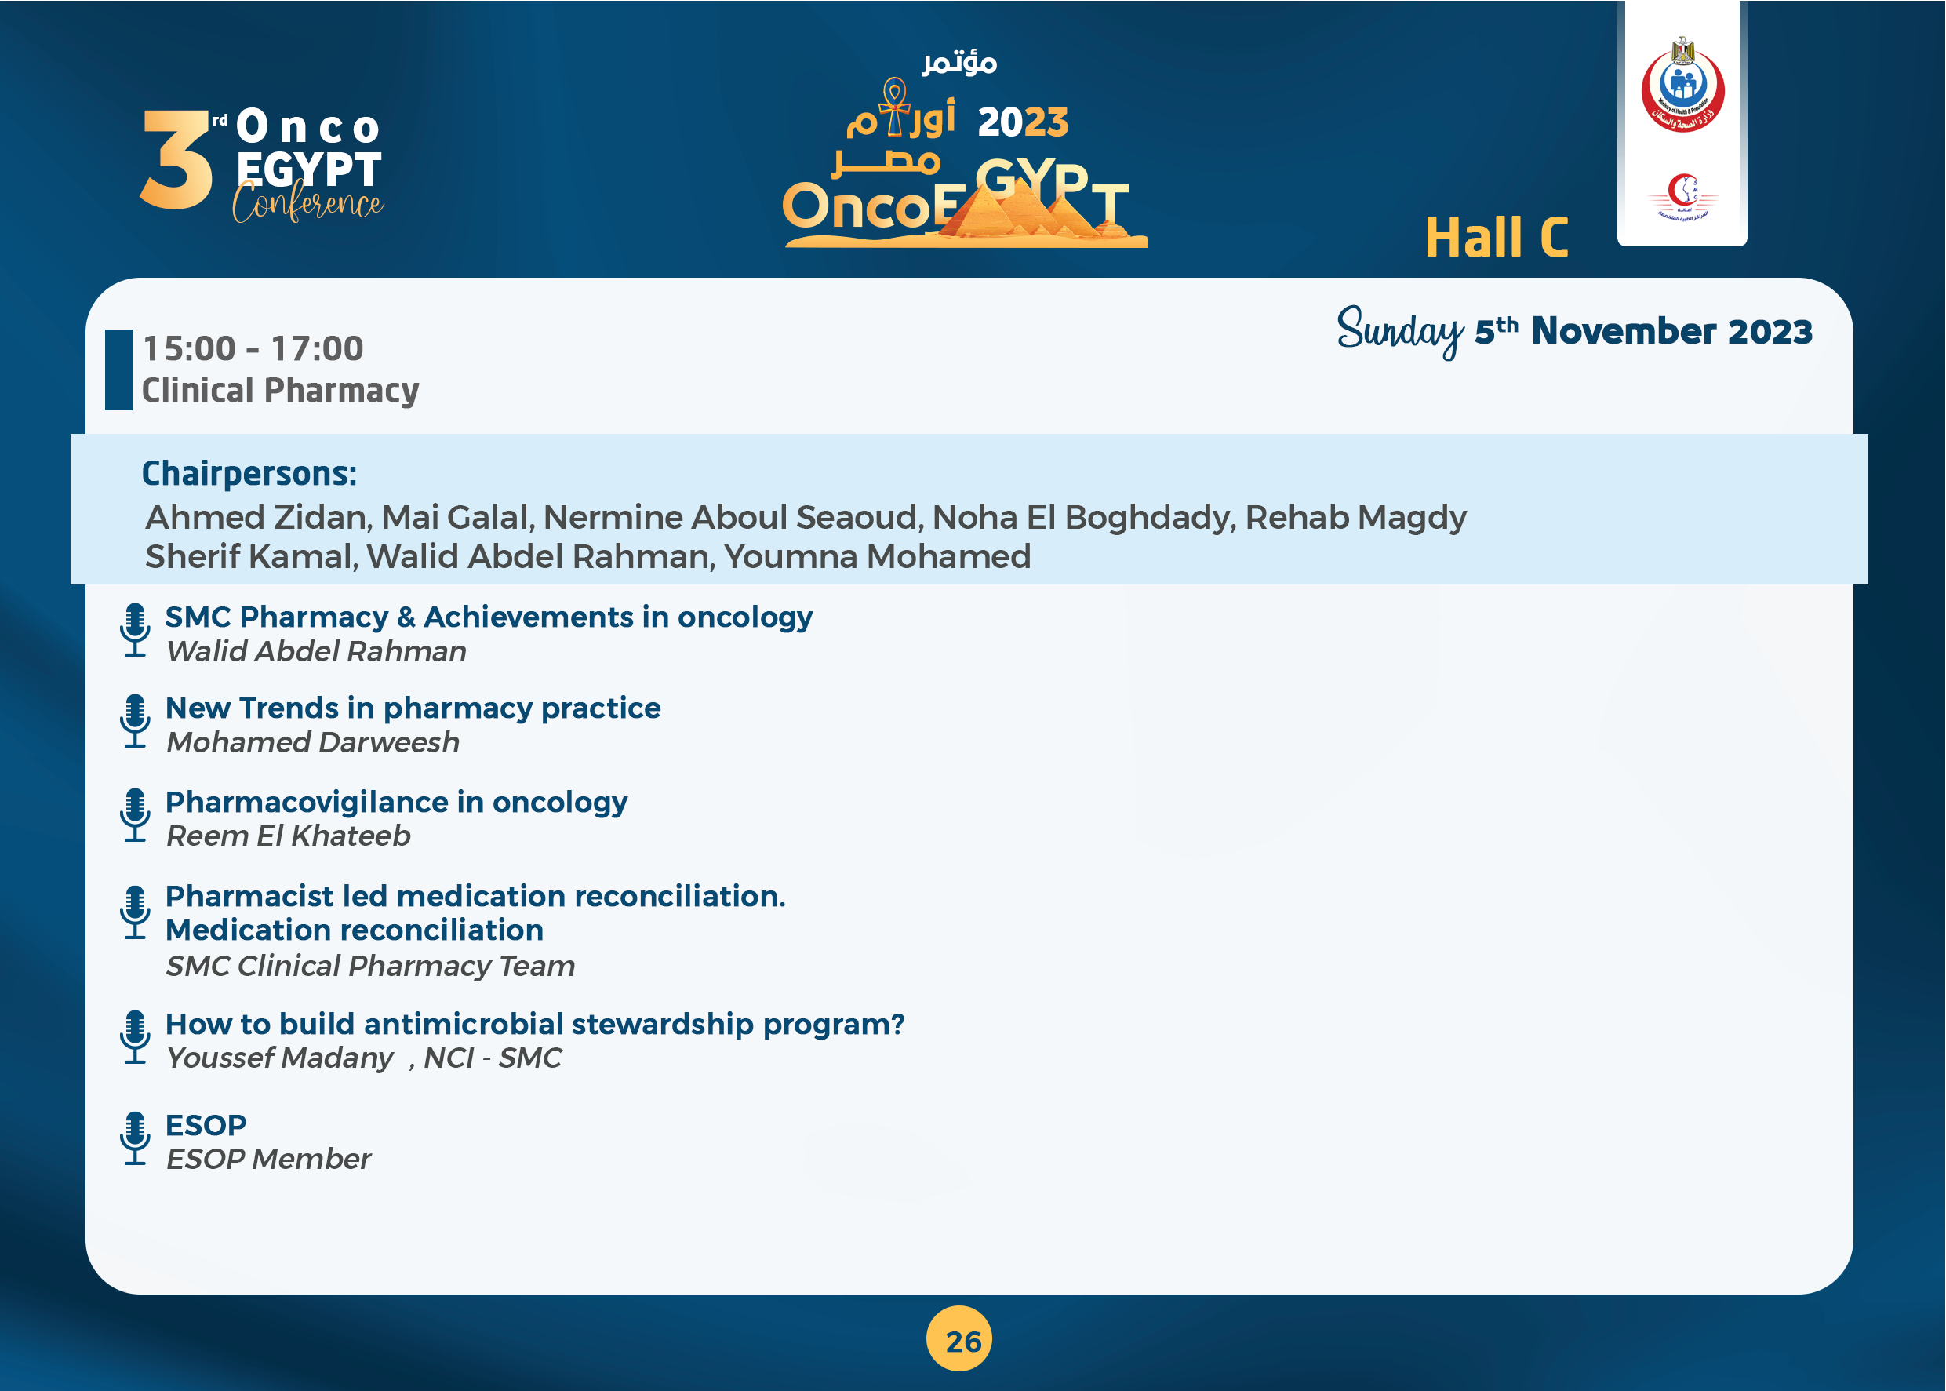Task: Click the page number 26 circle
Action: [x=958, y=1339]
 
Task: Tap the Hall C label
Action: [x=1497, y=236]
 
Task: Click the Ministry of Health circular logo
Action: [x=1682, y=86]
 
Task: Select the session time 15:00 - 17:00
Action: [x=253, y=348]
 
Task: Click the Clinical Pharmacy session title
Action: [x=280, y=391]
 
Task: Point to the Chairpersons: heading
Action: [x=249, y=474]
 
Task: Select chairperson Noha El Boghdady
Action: [x=1083, y=517]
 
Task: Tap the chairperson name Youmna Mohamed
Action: [x=878, y=557]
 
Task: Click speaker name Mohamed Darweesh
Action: [x=312, y=743]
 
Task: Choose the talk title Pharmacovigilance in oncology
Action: [x=396, y=803]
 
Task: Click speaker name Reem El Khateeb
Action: [x=289, y=836]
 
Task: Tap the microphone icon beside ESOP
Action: [x=135, y=1138]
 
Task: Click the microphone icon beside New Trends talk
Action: [x=135, y=721]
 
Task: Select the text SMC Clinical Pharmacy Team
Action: [x=371, y=966]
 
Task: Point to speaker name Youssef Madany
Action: [x=280, y=1058]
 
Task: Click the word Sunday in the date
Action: [x=1400, y=330]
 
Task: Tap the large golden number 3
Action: [x=176, y=159]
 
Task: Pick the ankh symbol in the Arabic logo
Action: [x=895, y=107]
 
